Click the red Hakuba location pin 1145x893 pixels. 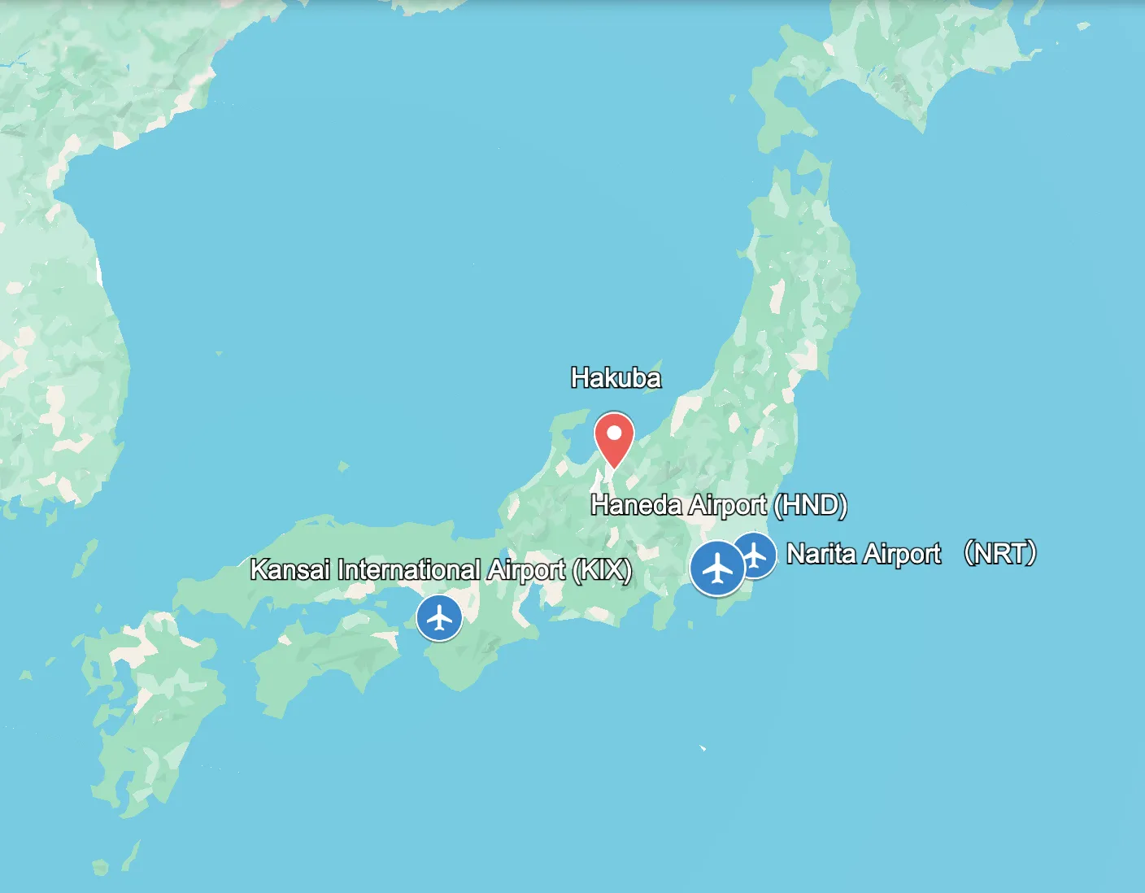point(614,440)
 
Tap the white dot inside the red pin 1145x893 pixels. point(614,432)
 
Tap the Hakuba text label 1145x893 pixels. point(616,378)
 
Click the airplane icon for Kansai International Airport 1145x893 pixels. point(439,618)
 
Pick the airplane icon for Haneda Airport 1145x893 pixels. point(717,568)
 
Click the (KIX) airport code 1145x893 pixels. point(602,569)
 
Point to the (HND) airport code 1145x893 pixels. point(810,505)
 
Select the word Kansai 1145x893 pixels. point(290,569)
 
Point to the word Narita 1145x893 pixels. point(821,554)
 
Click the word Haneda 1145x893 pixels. point(636,505)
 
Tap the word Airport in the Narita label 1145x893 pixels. point(902,554)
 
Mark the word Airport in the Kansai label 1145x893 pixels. point(525,569)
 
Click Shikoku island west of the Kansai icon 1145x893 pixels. point(325,659)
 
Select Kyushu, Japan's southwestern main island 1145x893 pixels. point(155,716)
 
